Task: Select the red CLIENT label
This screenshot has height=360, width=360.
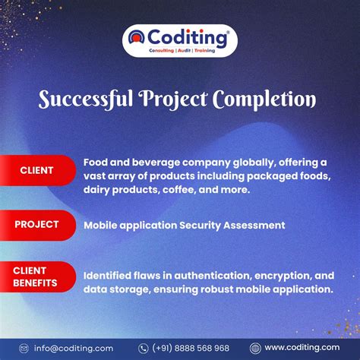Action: [36, 169]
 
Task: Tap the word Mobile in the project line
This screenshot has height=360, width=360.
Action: [102, 226]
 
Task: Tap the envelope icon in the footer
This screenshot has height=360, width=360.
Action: [24, 348]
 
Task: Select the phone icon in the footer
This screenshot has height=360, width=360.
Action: [143, 348]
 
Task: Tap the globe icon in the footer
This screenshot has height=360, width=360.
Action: [255, 348]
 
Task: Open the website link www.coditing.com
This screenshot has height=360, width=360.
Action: [302, 348]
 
